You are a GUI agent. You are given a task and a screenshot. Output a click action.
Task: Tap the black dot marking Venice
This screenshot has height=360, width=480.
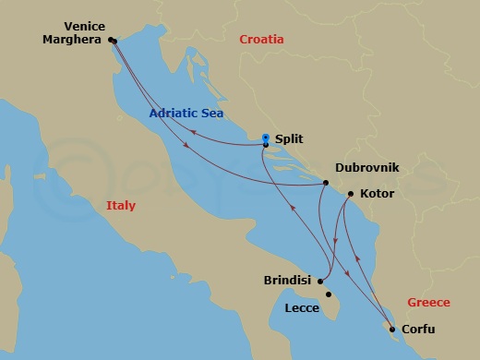tap(112, 41)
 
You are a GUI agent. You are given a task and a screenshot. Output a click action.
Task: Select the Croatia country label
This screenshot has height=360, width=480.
tap(261, 40)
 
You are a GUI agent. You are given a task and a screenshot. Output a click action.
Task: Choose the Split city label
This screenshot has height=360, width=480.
tap(290, 139)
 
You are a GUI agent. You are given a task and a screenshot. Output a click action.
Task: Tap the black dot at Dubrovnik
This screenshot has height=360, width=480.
tap(327, 183)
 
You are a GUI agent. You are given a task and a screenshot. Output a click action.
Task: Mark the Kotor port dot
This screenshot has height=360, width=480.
tap(350, 195)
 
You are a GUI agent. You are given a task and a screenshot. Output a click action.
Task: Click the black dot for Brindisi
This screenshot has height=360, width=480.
tap(319, 281)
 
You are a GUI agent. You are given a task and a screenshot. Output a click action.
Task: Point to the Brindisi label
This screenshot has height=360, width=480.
tap(288, 279)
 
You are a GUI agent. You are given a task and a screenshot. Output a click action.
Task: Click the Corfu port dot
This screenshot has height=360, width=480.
tap(391, 330)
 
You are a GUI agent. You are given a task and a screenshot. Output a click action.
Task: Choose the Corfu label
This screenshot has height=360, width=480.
tap(418, 330)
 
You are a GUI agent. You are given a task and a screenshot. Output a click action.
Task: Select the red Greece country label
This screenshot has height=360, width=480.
tap(428, 303)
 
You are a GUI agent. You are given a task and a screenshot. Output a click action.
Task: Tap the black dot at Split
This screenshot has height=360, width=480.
tap(265, 145)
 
